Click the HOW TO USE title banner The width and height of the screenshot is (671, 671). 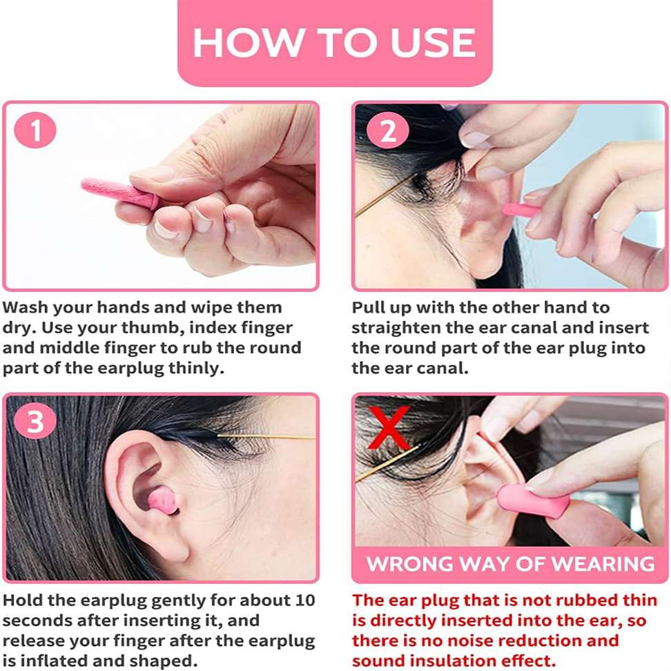coord(335,42)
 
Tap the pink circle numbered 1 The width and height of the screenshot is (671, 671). coord(35,130)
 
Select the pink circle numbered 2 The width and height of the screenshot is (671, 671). coord(388,130)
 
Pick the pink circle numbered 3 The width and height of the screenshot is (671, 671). coord(35,421)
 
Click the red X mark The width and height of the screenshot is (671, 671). coord(389,427)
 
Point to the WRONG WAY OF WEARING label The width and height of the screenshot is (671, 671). coord(510,563)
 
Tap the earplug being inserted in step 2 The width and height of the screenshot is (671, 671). coord(521,210)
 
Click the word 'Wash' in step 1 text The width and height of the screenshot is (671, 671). coord(26,307)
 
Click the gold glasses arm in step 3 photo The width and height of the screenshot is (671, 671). coord(266,437)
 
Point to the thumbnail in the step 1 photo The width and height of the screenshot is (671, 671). coord(155,175)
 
